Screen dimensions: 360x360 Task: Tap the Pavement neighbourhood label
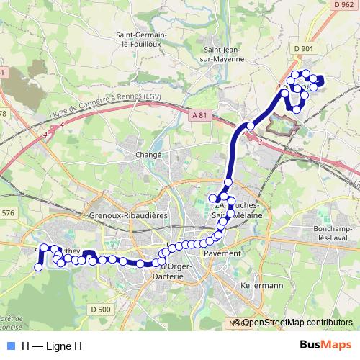[x=222, y=253]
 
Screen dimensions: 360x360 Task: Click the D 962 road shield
[x=344, y=5]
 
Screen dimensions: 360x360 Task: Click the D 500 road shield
[x=102, y=310]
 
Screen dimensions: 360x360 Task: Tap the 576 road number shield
[x=8, y=213]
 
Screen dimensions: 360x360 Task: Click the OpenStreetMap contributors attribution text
[x=295, y=323]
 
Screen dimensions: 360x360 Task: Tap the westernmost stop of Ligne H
[x=38, y=267]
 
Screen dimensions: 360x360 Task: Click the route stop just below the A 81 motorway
[x=250, y=125]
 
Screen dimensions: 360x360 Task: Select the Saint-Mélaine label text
[x=244, y=216]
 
